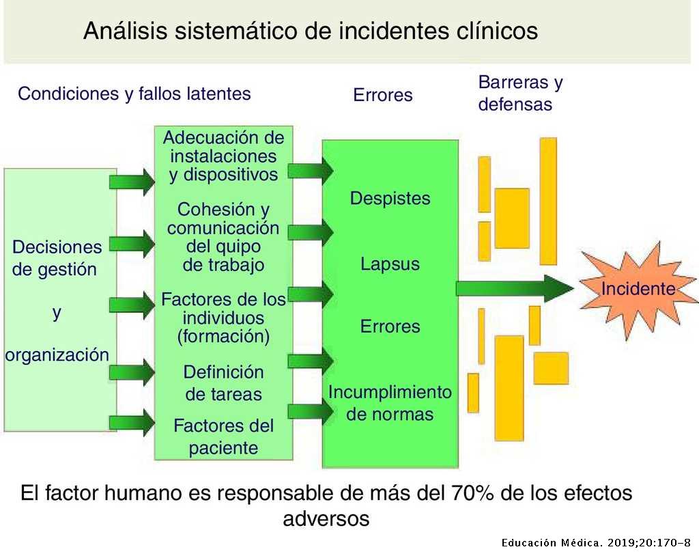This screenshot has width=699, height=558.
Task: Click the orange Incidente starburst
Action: point(638,289)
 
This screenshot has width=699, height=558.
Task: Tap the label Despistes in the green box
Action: point(390,199)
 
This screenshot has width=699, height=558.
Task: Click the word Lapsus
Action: point(390,264)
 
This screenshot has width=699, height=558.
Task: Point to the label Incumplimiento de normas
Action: point(390,403)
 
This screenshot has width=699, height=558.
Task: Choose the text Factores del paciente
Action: point(223,437)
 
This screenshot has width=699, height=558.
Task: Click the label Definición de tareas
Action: point(223,383)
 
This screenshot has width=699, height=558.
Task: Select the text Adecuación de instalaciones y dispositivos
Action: point(223,156)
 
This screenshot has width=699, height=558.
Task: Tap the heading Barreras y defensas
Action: point(520,94)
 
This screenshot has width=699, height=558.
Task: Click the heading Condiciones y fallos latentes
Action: point(134,94)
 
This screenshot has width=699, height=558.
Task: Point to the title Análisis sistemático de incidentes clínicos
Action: point(311,31)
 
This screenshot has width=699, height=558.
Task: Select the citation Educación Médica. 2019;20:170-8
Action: point(597,543)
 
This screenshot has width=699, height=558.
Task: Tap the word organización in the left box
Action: point(57,355)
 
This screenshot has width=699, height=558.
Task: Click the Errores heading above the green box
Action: point(383,95)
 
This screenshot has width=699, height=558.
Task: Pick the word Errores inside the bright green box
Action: point(390,326)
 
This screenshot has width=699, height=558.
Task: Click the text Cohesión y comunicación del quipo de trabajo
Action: point(223,236)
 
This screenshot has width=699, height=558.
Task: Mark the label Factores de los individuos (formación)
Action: point(223,318)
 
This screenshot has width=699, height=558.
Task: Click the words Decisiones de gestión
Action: point(57,257)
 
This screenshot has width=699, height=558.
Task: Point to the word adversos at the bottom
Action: point(326,518)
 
